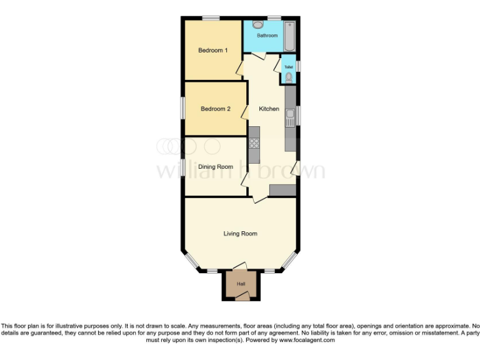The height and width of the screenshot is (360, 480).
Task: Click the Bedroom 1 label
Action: (212, 50)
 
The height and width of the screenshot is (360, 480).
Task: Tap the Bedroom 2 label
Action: (215, 109)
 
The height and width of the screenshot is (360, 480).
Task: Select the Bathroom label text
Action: (267, 36)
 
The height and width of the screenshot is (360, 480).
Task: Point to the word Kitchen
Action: (269, 109)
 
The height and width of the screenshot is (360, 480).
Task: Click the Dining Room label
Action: (215, 167)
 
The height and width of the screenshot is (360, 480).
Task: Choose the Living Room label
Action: (240, 234)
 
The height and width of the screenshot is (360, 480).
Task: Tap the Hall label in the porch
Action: (241, 284)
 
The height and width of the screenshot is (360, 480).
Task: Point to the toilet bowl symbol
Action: (288, 77)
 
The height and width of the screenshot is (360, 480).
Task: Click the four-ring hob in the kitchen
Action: (254, 143)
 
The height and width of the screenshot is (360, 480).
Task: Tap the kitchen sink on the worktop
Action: (291, 114)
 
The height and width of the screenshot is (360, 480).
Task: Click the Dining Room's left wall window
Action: (183, 167)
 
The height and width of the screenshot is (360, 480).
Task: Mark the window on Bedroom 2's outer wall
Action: (183, 107)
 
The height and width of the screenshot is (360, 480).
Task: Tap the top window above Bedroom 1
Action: (210, 19)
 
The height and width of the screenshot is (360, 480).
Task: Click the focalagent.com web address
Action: (306, 340)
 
